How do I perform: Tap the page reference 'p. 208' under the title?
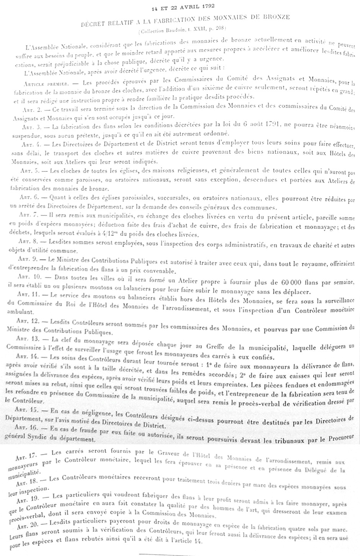point(218,27)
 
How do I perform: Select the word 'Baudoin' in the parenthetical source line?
point(172,27)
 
